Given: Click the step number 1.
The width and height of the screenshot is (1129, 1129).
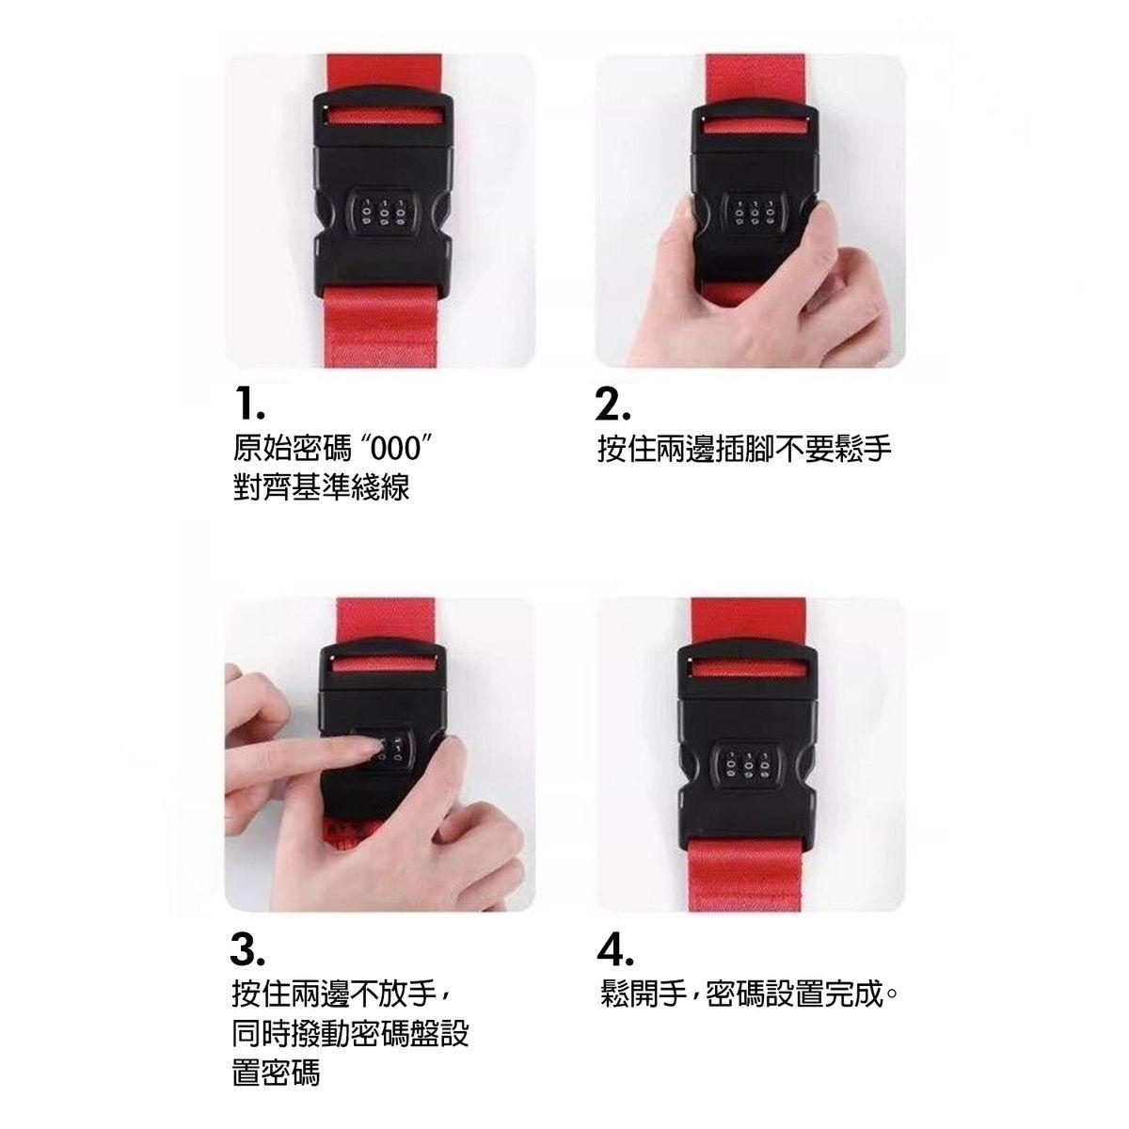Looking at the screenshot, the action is [249, 404].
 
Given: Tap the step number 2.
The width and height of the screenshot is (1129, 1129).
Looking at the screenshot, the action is [612, 404].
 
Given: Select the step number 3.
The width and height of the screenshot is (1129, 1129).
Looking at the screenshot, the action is [246, 949].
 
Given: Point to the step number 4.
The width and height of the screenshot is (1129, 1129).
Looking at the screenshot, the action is [615, 949].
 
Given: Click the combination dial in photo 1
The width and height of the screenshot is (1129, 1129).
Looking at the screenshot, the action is [385, 212].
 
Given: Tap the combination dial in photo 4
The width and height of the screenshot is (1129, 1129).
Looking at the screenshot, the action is [746, 767].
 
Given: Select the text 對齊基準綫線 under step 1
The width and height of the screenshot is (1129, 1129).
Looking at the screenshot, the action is [321, 486].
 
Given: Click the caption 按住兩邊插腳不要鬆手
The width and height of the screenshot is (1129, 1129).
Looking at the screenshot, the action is [744, 450].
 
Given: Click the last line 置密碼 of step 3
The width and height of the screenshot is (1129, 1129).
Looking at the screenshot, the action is [276, 1073].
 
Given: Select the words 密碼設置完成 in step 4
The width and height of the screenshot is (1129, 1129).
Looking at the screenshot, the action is [794, 994].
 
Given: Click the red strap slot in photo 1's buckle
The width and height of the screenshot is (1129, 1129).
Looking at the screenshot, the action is [383, 115].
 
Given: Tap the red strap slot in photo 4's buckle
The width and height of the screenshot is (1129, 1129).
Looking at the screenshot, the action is [746, 667].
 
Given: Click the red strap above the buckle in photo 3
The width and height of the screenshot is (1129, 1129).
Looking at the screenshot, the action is [386, 620].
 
